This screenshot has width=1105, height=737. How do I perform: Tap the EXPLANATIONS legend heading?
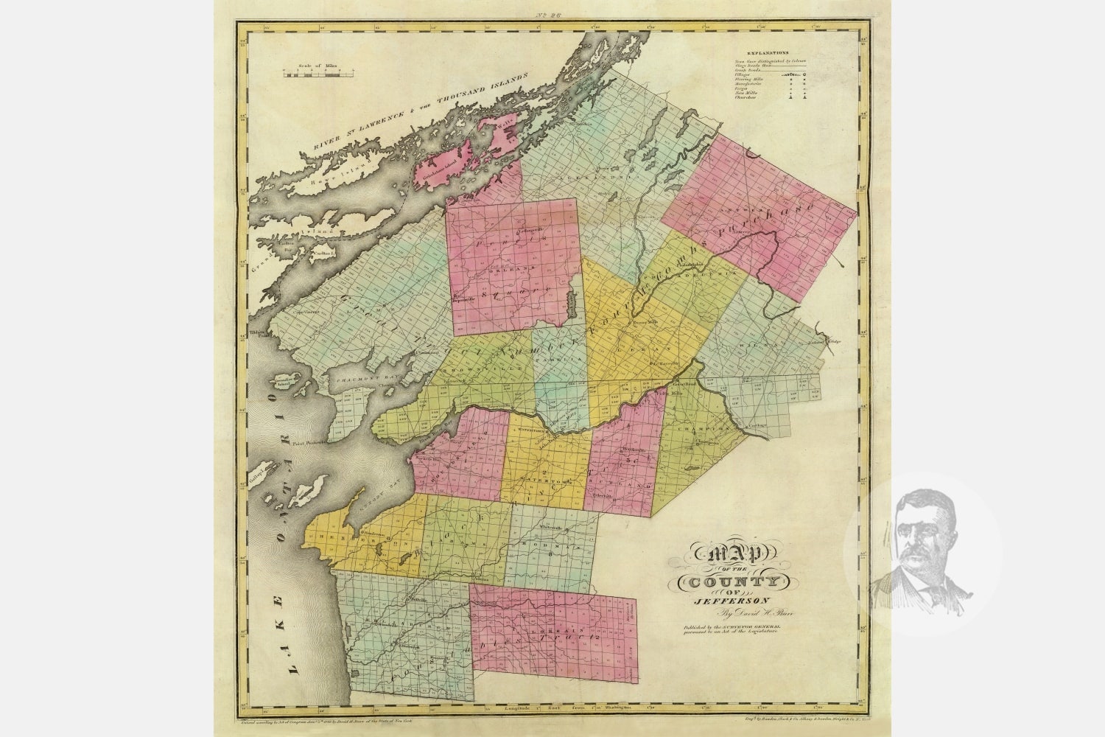point(767,54)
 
